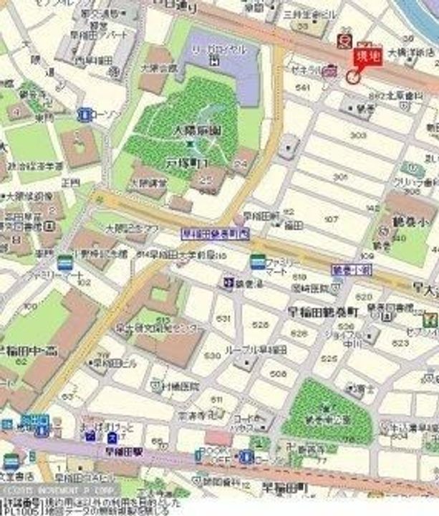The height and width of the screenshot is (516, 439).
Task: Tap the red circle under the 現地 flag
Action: tap(353, 77)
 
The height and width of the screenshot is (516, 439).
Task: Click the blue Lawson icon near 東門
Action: tap(85, 113)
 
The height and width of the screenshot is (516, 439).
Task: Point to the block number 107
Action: tap(332, 219)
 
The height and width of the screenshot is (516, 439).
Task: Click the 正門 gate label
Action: tap(69, 183)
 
